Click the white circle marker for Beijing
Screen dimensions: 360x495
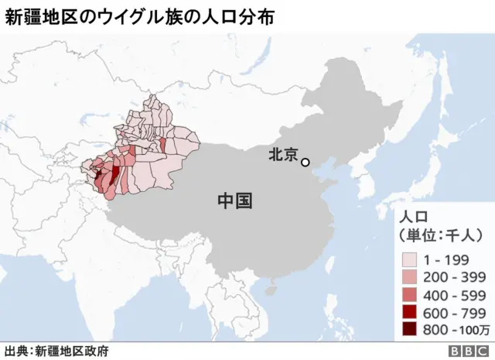point(306,162)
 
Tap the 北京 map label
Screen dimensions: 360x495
point(282,155)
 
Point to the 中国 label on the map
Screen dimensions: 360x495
point(234,201)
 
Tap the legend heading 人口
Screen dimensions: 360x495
point(411,216)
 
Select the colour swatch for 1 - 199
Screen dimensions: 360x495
point(409,259)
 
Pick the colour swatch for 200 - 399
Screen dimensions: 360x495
point(409,276)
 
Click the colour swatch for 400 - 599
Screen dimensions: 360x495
point(409,293)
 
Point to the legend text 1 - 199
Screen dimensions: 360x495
point(449,259)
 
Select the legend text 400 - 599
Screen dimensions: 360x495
point(454,293)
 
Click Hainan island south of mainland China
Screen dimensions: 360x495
point(270,291)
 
